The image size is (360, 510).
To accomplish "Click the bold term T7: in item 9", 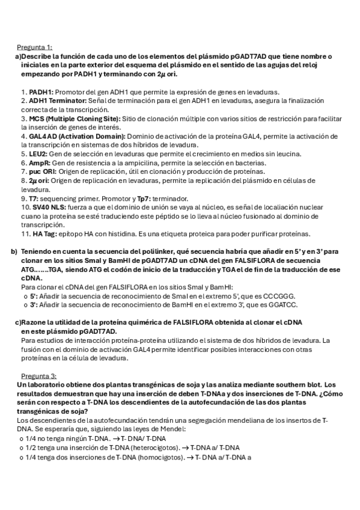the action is point(34,198).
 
